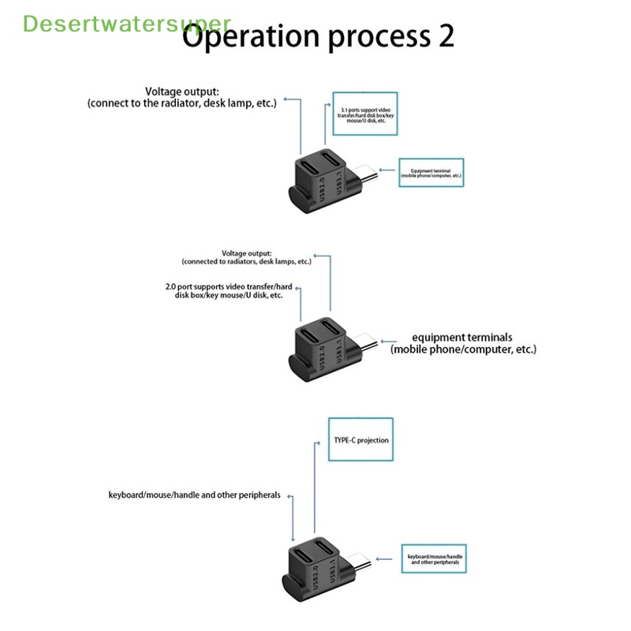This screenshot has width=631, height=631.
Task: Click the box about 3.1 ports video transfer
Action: pyautogui.click(x=359, y=114)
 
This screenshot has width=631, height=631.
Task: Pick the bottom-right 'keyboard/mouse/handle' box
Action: pyautogui.click(x=435, y=561)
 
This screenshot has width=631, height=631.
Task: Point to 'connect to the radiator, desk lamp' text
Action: pyautogui.click(x=182, y=103)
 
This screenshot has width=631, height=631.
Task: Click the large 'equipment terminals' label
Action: pyautogui.click(x=463, y=343)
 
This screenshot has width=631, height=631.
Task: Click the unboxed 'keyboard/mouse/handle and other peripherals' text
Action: pyautogui.click(x=194, y=495)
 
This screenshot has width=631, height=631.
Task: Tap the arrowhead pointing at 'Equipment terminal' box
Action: pyautogui.click(x=382, y=169)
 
